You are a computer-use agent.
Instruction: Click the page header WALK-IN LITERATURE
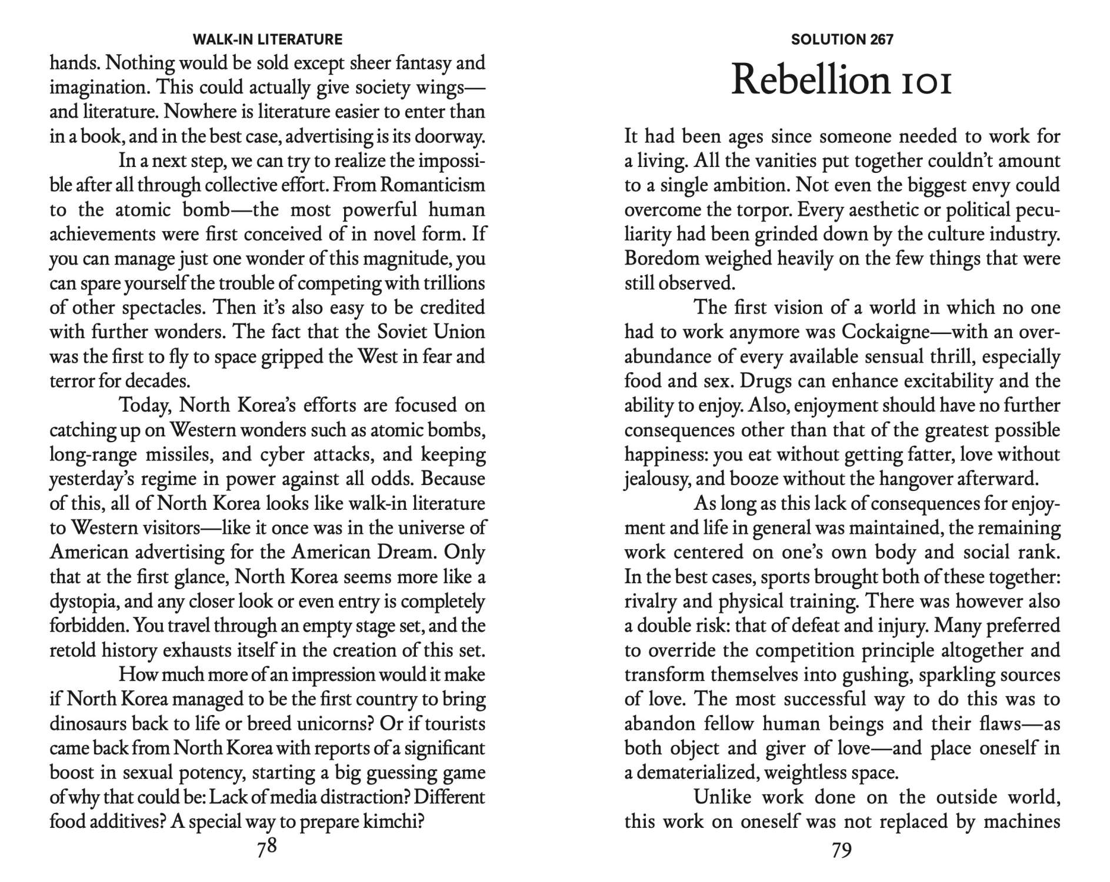pos(267,39)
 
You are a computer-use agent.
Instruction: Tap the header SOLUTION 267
pos(842,39)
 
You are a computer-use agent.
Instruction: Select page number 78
pos(266,849)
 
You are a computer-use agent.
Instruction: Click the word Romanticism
pos(432,185)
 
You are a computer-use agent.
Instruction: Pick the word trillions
pos(454,283)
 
